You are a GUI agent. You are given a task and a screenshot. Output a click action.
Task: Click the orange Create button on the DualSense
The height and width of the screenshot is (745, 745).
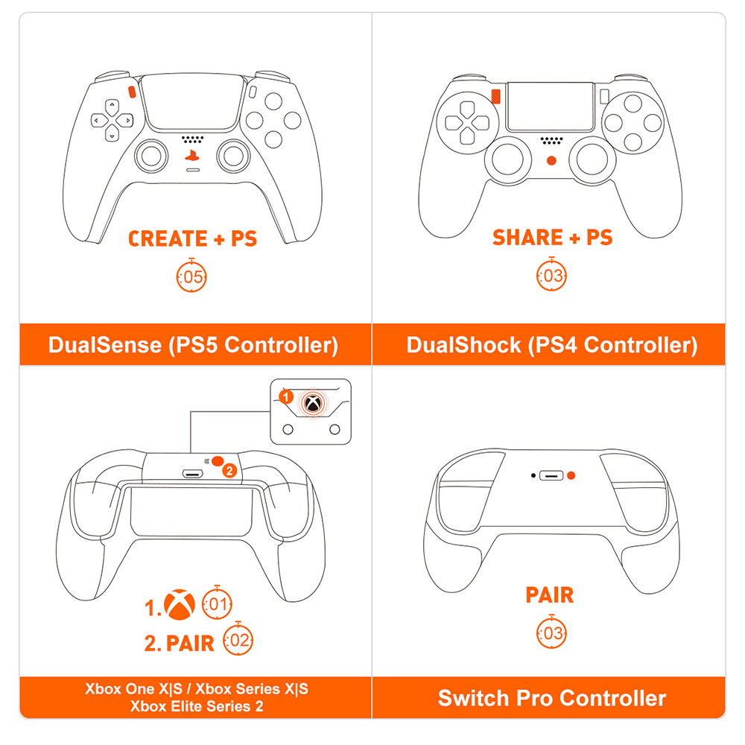132,92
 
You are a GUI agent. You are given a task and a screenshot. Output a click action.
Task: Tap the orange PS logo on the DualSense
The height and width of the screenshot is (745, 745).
193,156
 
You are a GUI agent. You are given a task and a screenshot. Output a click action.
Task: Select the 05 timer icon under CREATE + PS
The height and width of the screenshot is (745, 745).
191,278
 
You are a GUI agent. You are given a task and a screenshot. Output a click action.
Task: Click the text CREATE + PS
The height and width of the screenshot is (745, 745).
193,238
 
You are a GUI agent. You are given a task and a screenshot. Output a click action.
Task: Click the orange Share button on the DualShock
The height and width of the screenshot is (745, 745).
495,96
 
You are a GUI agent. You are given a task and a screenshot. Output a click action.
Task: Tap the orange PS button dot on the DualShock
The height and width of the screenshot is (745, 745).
551,160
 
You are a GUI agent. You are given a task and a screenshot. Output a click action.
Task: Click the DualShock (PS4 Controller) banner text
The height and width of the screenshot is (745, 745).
552,345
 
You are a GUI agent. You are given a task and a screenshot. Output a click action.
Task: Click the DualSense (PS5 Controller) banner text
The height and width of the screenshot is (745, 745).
193,345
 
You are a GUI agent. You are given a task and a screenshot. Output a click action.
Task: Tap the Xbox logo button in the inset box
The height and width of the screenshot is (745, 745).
313,405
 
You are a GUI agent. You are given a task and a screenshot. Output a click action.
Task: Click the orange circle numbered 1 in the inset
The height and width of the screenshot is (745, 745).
286,397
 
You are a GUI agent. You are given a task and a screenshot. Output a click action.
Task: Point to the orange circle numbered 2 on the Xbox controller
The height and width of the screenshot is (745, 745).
229,470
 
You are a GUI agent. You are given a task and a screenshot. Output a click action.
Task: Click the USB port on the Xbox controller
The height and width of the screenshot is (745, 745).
194,474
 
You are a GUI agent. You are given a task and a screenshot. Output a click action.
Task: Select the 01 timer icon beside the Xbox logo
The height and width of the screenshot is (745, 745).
217,604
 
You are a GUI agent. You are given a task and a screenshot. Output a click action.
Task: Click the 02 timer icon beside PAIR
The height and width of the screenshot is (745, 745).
238,641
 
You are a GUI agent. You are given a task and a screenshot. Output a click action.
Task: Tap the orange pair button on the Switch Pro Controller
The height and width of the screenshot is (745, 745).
571,475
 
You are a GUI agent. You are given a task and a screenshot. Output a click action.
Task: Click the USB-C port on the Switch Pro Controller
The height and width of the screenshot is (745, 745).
551,475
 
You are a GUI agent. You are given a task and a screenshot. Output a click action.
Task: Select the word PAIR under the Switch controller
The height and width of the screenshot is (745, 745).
550,595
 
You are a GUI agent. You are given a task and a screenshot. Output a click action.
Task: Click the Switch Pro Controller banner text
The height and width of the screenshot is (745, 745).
552,698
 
